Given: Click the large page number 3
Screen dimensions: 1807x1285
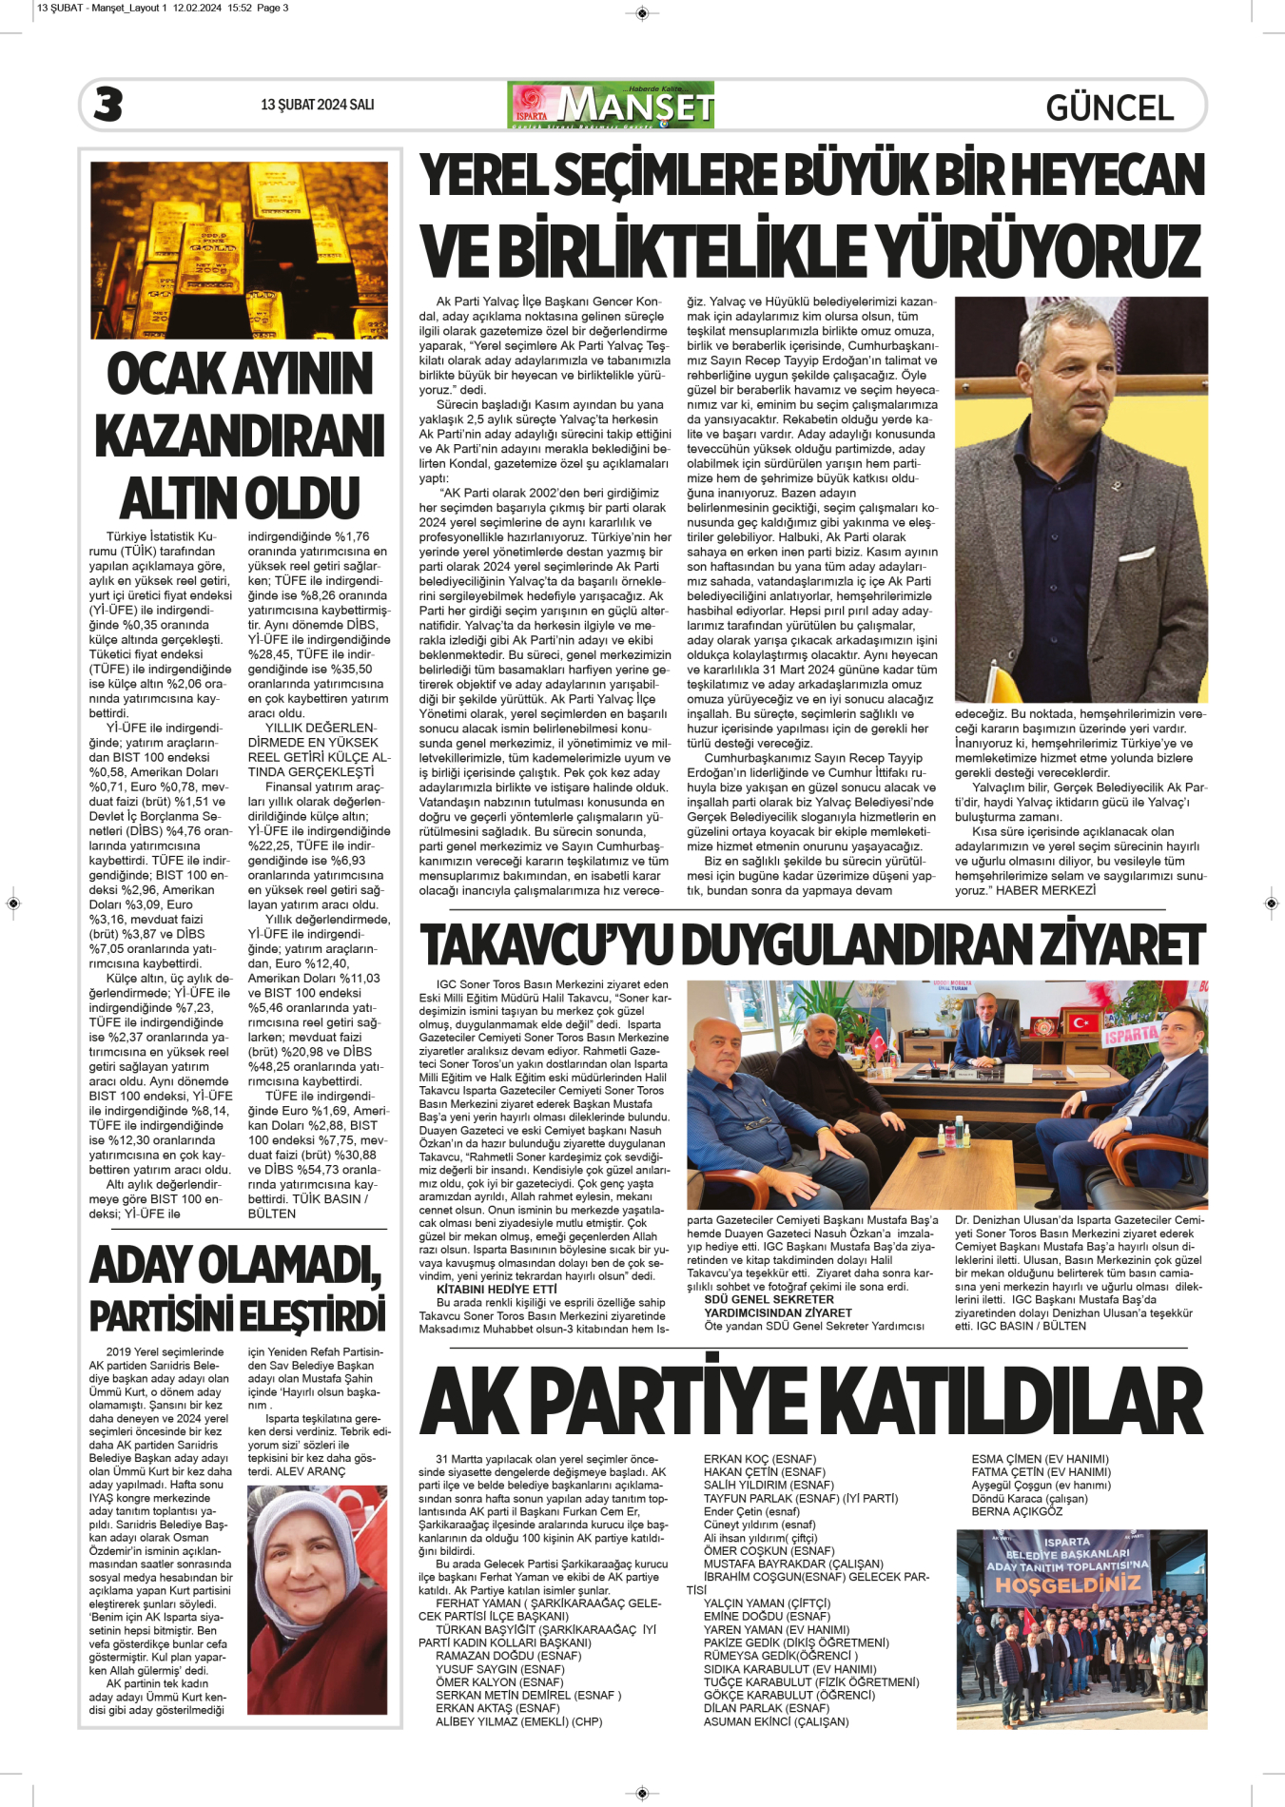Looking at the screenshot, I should (108, 105).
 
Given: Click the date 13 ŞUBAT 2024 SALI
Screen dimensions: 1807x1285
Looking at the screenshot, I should (317, 105).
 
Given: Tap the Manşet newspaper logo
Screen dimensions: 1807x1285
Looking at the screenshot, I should (611, 105).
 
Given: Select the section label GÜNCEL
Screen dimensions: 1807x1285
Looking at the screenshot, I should (1109, 107).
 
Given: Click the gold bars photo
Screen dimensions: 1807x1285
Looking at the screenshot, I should (239, 249).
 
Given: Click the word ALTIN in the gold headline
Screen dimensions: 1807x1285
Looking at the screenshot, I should (178, 498).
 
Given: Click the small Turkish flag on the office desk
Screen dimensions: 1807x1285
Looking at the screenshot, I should (875, 1041).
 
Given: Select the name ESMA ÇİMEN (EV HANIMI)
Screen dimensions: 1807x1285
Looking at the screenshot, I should (1040, 1459).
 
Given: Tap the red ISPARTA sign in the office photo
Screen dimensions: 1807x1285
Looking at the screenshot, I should (1130, 1034).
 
